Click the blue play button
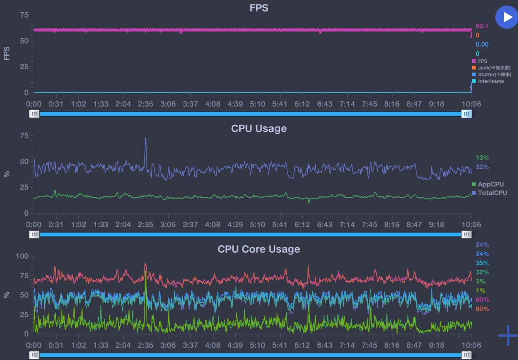pos(506,17)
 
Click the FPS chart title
pos(259,8)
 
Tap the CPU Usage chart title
pos(259,128)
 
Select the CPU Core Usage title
pos(259,249)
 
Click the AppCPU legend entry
pos(490,184)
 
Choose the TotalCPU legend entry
pos(491,193)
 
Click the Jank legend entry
pos(492,68)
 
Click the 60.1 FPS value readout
pos(482,26)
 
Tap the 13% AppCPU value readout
pos(482,158)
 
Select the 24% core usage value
pos(482,245)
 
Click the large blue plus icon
pos(508,335)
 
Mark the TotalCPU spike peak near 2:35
pos(145,138)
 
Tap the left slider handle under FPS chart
pos(34,114)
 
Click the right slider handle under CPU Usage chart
pos(466,234)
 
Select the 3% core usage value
pos(480,281)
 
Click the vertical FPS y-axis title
pos(7,53)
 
